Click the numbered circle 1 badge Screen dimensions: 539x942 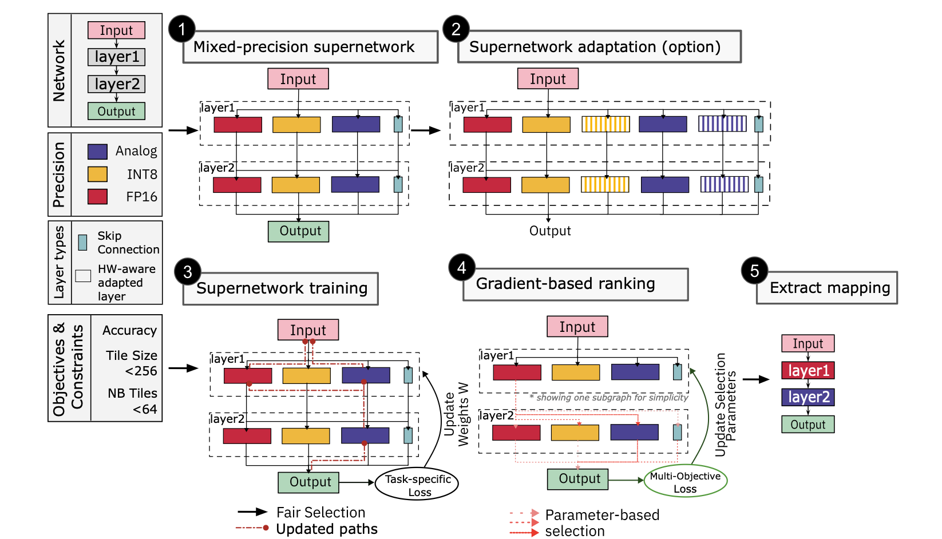(181, 29)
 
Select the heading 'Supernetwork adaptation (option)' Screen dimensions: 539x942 (595, 47)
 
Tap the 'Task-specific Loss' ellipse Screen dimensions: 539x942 (417, 485)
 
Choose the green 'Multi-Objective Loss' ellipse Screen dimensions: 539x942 (685, 482)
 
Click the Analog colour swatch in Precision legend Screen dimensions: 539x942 (97, 151)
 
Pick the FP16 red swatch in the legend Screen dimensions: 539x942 (97, 197)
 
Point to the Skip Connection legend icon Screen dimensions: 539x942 (82, 242)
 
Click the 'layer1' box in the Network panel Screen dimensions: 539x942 (116, 57)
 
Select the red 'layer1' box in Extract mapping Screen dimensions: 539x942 (808, 370)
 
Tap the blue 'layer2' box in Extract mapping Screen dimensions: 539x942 (808, 397)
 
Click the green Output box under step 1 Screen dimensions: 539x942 (298, 231)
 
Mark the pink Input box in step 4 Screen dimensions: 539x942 (577, 327)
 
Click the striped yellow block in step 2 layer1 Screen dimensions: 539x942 (605, 124)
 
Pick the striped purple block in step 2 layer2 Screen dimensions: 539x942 (724, 184)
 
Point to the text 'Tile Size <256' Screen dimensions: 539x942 (132, 363)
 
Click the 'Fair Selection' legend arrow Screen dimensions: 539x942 (252, 512)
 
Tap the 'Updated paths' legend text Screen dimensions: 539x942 (326, 529)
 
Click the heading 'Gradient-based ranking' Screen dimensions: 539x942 (565, 284)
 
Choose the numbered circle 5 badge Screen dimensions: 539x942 (754, 271)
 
